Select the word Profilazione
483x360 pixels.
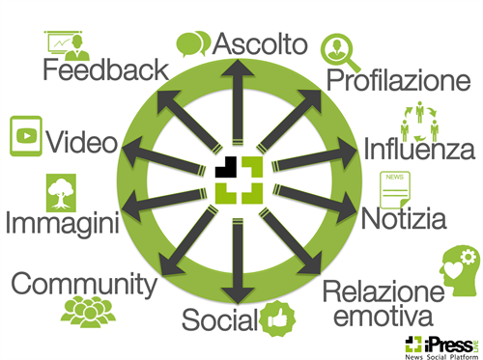pyautogui.click(x=396, y=79)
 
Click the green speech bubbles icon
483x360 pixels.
pyautogui.click(x=193, y=43)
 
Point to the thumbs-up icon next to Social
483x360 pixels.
pyautogui.click(x=278, y=318)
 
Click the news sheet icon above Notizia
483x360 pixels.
pyautogui.click(x=393, y=188)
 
